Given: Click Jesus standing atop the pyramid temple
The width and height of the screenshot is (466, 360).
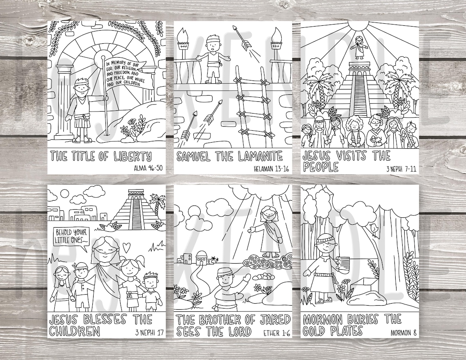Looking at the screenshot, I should [359, 48].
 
